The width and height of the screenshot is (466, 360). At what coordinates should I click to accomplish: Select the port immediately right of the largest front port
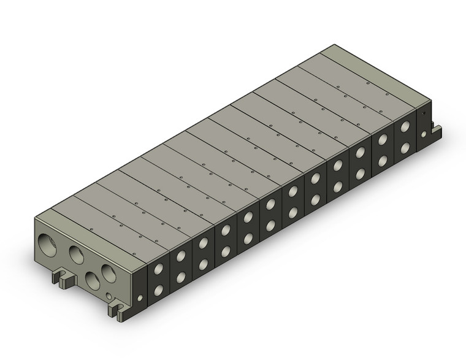coord(77,253)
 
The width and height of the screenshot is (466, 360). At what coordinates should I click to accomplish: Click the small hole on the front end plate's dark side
coord(140,299)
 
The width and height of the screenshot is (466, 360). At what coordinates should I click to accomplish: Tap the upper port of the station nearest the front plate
coord(159,269)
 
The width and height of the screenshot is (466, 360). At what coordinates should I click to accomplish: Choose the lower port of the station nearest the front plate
coord(159,290)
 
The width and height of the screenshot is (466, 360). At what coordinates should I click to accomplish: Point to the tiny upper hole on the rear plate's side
coord(424,113)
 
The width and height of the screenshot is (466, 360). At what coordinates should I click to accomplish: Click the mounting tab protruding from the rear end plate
coord(437,131)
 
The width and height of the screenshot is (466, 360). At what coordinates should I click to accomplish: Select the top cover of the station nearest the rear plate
coord(349,86)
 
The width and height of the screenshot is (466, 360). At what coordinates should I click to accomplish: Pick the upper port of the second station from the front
coord(181,258)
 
